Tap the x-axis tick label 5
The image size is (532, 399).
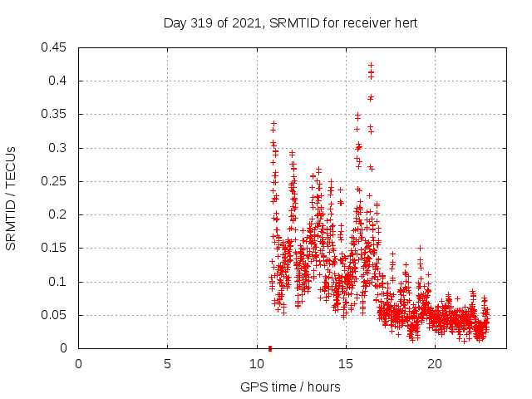(x=167, y=364)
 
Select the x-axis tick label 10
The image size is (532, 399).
(x=256, y=364)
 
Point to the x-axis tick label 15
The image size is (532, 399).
(x=345, y=364)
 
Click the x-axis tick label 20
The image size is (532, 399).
(x=434, y=364)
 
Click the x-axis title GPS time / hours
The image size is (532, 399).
(x=290, y=387)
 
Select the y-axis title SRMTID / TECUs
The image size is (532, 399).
(x=12, y=198)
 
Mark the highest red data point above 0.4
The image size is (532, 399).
(x=371, y=65)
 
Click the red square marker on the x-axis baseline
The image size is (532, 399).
(x=270, y=348)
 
